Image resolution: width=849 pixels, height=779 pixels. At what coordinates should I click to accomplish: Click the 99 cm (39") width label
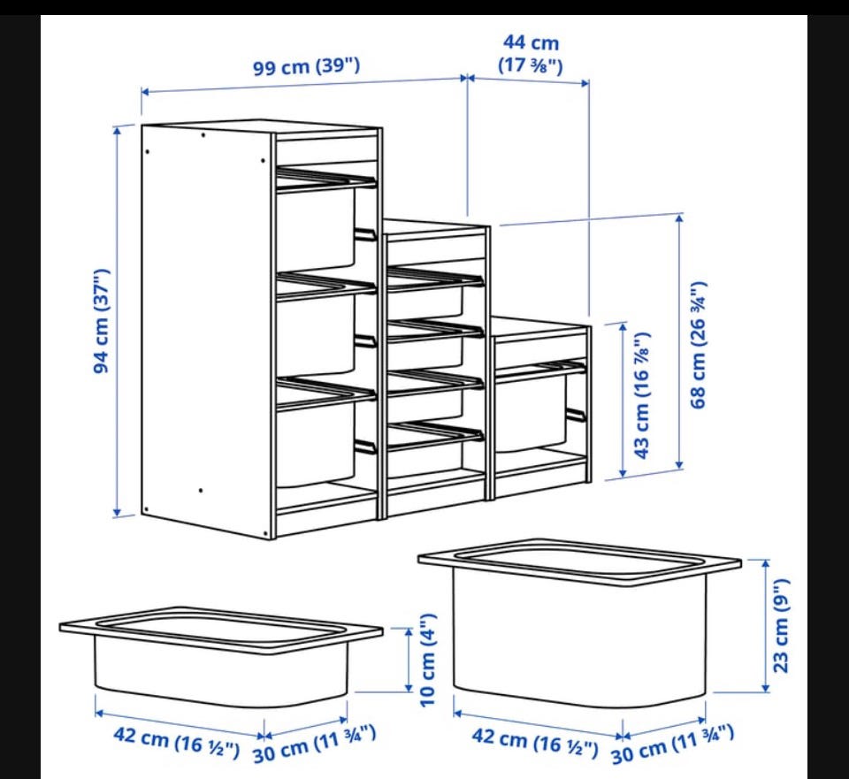click(x=307, y=67)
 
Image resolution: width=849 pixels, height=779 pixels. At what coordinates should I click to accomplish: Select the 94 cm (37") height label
click(x=102, y=320)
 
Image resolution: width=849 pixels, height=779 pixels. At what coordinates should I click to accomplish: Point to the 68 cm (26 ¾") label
click(x=699, y=345)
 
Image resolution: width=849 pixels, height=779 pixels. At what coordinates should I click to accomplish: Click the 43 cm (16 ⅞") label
click(x=641, y=395)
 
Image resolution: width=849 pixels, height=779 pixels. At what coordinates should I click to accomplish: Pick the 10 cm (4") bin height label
click(x=428, y=660)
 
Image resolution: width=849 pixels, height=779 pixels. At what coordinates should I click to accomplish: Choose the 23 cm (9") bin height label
click(x=781, y=625)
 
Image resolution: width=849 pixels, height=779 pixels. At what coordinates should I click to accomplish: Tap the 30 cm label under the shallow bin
click(x=315, y=745)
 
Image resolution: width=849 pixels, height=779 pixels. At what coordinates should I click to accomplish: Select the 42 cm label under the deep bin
click(x=535, y=742)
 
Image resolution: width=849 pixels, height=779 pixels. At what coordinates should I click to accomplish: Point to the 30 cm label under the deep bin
click(x=672, y=745)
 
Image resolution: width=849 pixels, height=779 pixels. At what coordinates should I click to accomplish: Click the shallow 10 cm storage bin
click(x=221, y=656)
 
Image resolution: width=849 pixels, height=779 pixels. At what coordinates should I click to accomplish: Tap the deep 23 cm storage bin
click(x=579, y=622)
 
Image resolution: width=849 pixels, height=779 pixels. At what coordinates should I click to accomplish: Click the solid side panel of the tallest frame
click(x=206, y=330)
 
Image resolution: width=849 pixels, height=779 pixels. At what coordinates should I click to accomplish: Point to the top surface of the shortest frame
click(x=540, y=325)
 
